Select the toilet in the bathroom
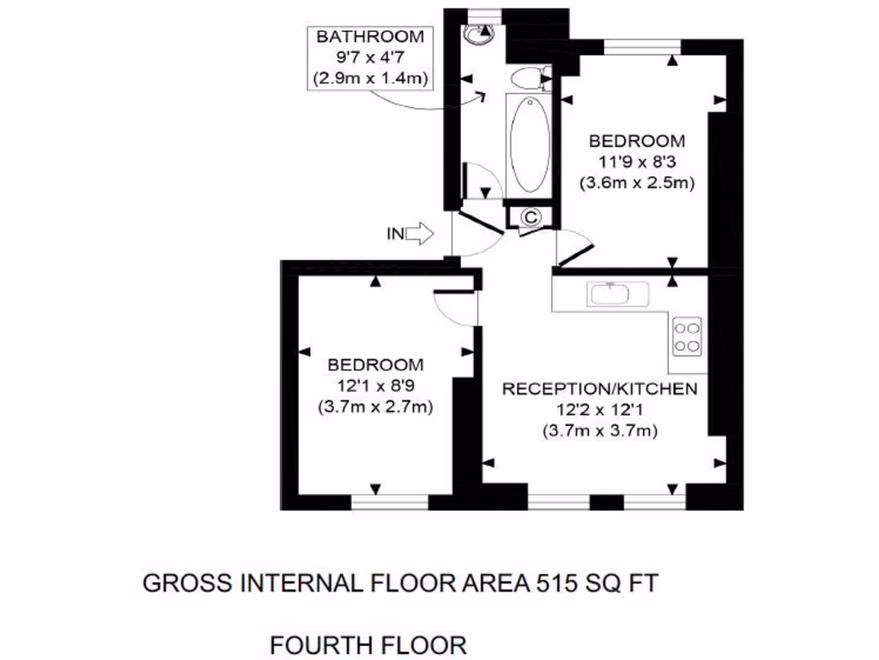526,80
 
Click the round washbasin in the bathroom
477,34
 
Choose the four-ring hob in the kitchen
688,336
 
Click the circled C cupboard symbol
530,217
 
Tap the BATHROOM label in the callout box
370,37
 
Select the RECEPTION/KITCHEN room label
599,389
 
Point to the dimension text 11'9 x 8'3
636,162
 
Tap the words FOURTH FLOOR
368,644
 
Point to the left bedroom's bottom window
390,501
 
